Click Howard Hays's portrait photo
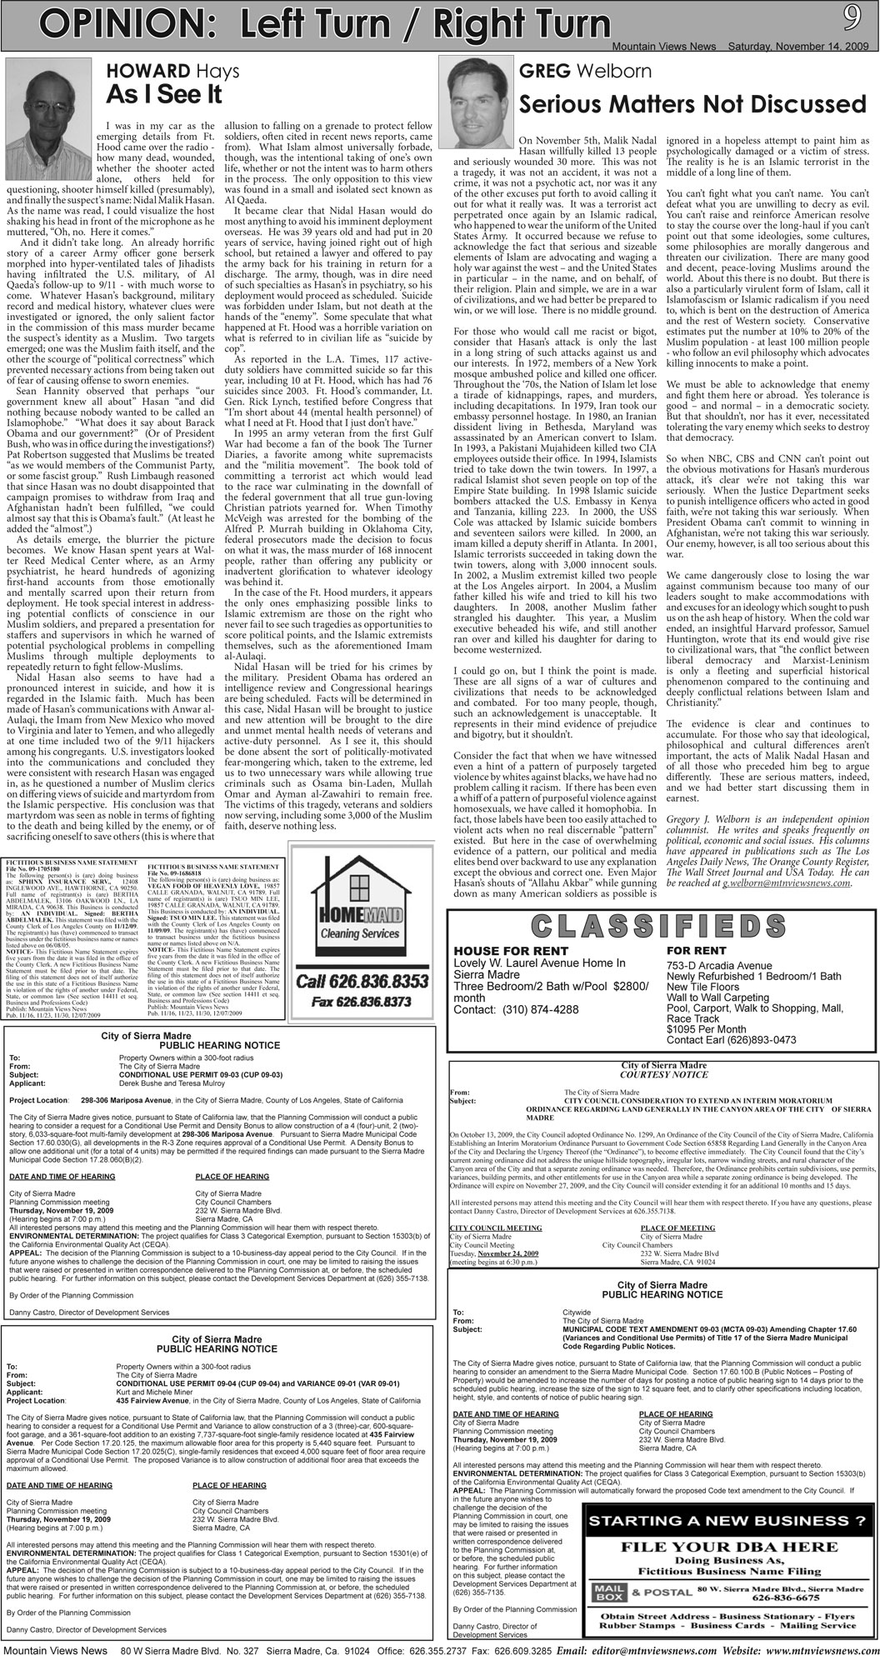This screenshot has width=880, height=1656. coord(47,94)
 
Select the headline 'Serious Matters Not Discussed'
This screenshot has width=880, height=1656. coord(692,104)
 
